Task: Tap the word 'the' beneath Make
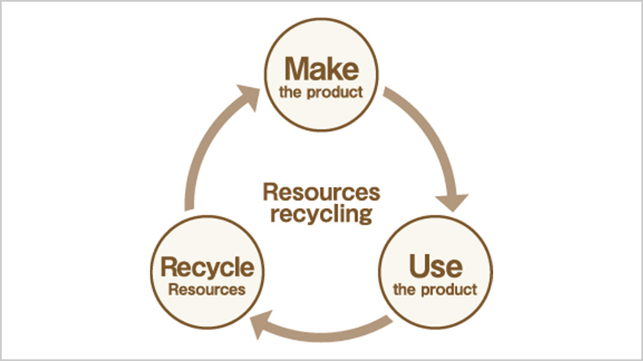click(x=291, y=92)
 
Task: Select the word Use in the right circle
click(x=436, y=265)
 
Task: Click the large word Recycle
click(x=208, y=267)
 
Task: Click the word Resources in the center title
click(x=321, y=194)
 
